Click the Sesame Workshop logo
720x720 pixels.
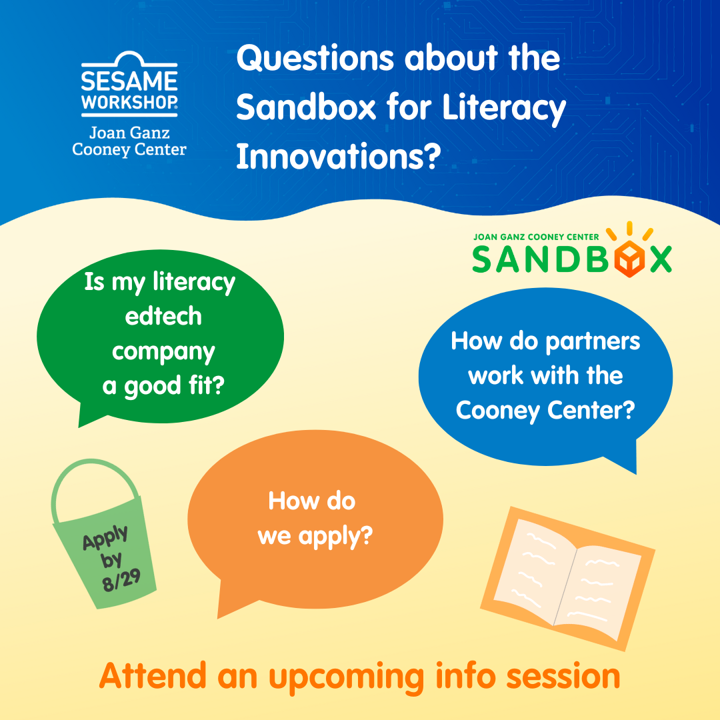click(x=129, y=83)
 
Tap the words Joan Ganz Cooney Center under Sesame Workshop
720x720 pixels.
click(x=129, y=141)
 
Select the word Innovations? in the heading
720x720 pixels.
click(x=339, y=156)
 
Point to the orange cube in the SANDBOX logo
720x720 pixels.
click(x=630, y=259)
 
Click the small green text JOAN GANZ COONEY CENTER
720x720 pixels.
click(x=536, y=237)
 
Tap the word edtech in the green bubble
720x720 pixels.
click(x=163, y=317)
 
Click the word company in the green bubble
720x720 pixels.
click(x=163, y=352)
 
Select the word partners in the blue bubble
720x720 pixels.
click(x=593, y=342)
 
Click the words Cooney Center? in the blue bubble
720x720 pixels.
click(x=545, y=410)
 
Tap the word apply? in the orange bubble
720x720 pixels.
click(x=335, y=536)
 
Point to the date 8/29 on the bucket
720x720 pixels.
click(x=121, y=581)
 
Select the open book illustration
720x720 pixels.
click(x=567, y=579)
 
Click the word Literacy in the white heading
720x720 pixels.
click(x=504, y=109)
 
